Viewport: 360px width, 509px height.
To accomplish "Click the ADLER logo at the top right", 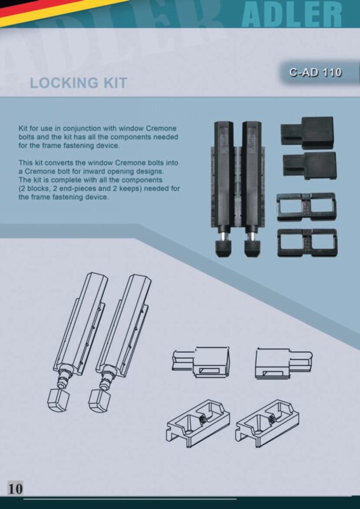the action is click(291, 14).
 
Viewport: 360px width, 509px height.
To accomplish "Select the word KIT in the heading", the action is click(116, 83).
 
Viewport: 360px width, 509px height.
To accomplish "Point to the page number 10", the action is click(15, 489).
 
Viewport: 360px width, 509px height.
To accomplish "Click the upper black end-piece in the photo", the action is click(307, 133).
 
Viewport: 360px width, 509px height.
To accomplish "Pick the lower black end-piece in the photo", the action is click(309, 165).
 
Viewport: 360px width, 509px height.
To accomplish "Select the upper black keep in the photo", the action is click(306, 207).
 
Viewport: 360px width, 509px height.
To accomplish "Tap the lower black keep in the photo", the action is click(307, 243).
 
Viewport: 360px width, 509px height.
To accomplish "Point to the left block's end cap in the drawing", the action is click(59, 401).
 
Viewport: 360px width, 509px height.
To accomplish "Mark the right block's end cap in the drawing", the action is click(100, 401).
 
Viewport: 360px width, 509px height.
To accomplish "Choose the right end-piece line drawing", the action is click(284, 363).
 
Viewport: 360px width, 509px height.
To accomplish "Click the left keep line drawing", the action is click(198, 424).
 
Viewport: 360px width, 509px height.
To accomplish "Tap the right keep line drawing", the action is click(268, 424).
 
